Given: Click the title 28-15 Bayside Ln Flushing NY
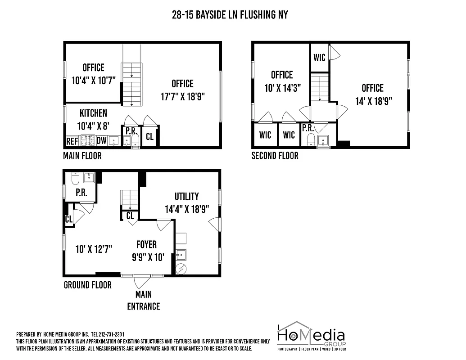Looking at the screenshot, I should (x=230, y=15).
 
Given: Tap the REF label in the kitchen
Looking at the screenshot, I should (x=72, y=141).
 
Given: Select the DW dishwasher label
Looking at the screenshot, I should (x=101, y=141).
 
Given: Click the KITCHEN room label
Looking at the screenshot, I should (x=93, y=113).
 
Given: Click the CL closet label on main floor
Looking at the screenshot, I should (x=149, y=137).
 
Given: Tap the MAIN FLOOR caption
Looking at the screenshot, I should (x=82, y=156).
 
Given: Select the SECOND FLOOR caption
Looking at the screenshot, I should (x=275, y=156).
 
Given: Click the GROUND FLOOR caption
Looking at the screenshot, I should (x=87, y=285).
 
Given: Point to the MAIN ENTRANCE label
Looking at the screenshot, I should (x=144, y=300).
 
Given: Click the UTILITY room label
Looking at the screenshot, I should (x=186, y=197).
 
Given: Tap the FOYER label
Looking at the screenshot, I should (x=147, y=244).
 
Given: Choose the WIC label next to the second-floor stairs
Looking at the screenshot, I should (x=319, y=58).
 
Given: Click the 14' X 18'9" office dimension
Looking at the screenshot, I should (x=373, y=101).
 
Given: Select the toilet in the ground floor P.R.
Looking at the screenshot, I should (x=75, y=179).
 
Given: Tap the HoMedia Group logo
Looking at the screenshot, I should (x=311, y=336).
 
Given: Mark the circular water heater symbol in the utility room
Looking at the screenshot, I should (x=181, y=269).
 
